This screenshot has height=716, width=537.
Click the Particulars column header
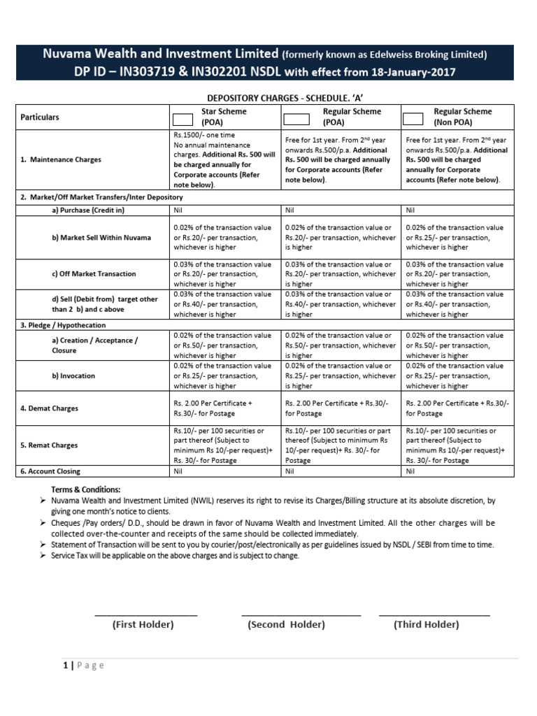(40, 117)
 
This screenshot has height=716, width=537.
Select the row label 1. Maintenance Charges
(61, 159)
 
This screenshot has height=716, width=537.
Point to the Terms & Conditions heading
(85, 489)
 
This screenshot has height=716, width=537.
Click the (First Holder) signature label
(143, 624)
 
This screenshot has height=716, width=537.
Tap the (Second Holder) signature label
(286, 624)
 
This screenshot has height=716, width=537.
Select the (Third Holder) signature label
(426, 624)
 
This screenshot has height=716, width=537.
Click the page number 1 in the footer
(66, 665)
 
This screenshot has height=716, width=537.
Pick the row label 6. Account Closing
(50, 471)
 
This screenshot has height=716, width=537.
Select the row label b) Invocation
(73, 375)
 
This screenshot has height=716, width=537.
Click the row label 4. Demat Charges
(49, 408)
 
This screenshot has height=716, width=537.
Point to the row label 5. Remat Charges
(49, 445)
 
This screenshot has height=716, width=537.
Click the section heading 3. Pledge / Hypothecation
(63, 325)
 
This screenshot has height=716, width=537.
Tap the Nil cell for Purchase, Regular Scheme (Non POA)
(410, 209)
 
